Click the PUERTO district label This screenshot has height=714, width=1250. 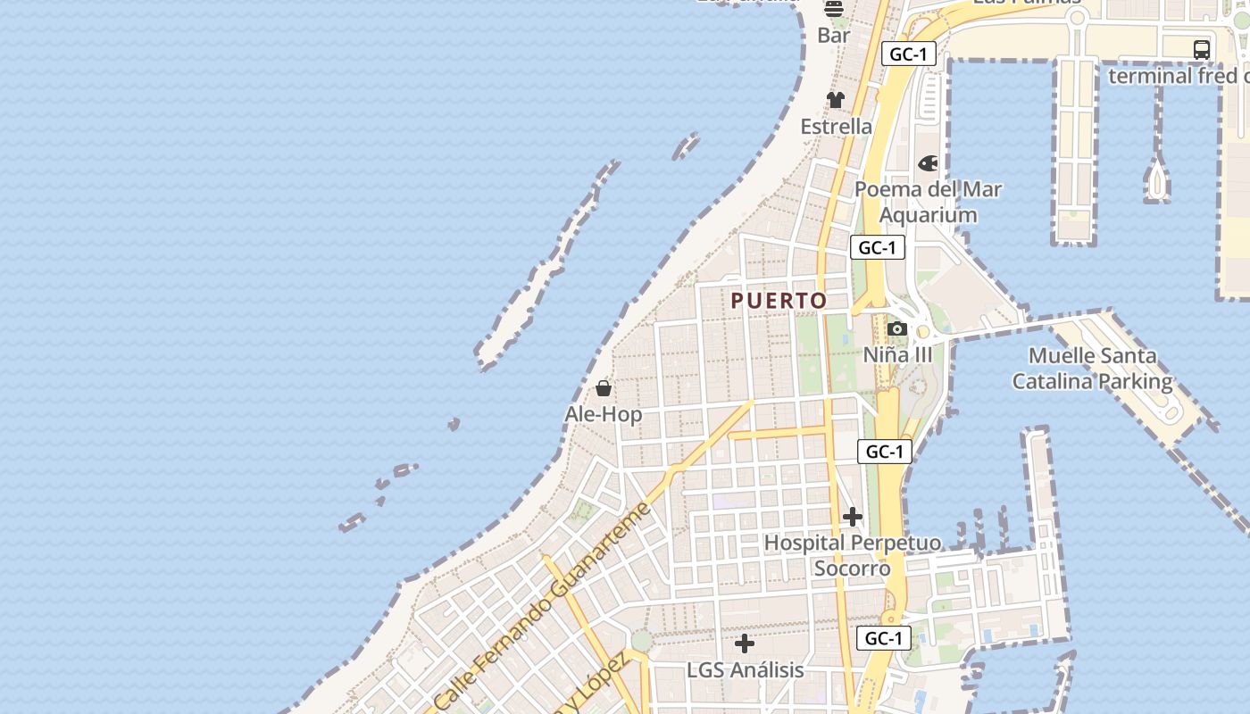pyautogui.click(x=779, y=301)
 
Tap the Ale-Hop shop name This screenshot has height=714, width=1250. pyautogui.click(x=603, y=414)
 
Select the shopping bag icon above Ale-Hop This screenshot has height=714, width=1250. pyautogui.click(x=604, y=388)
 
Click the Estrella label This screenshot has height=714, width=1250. pyautogui.click(x=836, y=127)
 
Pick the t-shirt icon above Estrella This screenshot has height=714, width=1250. pyautogui.click(x=836, y=100)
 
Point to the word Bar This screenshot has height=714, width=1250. pyautogui.click(x=834, y=36)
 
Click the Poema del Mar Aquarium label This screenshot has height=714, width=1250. pyautogui.click(x=928, y=202)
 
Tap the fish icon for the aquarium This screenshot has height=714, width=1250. pyautogui.click(x=929, y=163)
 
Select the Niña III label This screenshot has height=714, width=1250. pyautogui.click(x=897, y=355)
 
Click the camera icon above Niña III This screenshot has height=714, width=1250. pyautogui.click(x=897, y=329)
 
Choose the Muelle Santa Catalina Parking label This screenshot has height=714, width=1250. pyautogui.click(x=1092, y=369)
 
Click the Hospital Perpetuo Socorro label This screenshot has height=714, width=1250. pyautogui.click(x=852, y=555)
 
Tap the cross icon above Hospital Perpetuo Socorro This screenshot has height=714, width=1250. pyautogui.click(x=853, y=517)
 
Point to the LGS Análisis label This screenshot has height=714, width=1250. pyautogui.click(x=745, y=669)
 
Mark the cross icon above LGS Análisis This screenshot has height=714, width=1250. pyautogui.click(x=745, y=643)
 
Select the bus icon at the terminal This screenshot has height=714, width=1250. pyautogui.click(x=1202, y=50)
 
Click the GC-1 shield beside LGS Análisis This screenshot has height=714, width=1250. pyautogui.click(x=884, y=638)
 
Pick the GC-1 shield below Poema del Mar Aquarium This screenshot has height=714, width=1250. pyautogui.click(x=878, y=247)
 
